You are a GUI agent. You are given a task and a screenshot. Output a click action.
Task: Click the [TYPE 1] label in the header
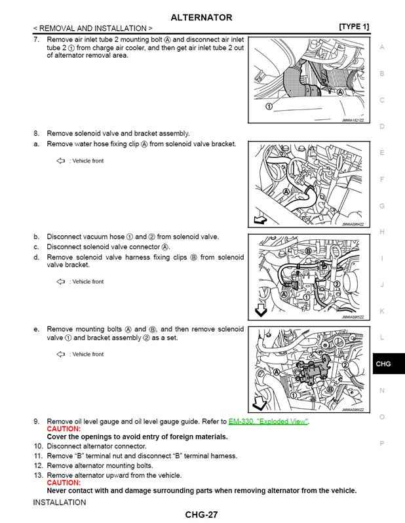pos(354,27)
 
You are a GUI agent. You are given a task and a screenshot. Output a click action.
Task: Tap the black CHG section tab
pos(383,364)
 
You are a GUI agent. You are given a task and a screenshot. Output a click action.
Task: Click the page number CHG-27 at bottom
pos(201,515)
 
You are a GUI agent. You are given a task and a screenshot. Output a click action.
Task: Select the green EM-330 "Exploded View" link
pos(269,421)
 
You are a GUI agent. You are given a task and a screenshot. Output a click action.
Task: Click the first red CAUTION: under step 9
pos(64,429)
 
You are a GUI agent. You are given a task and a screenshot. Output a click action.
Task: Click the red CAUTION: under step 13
pos(64,483)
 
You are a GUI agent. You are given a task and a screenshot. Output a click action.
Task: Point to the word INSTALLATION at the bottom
pos(60,503)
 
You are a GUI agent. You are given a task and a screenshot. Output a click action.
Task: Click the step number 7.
pos(36,40)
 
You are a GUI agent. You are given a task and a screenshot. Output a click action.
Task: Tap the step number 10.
pos(38,446)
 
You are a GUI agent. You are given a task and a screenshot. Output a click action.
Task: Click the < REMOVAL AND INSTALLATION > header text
pos(92,28)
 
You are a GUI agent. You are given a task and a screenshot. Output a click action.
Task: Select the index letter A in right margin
pos(382,47)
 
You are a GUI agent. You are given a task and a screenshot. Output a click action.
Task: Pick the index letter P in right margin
pos(382,444)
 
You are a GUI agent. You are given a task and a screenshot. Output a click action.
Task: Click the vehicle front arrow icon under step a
pos(61,161)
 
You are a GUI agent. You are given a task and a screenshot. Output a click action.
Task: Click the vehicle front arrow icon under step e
pos(61,354)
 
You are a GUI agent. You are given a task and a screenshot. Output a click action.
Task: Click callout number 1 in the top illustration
pos(268,106)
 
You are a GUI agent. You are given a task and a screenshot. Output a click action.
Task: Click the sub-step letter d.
pos(37,258)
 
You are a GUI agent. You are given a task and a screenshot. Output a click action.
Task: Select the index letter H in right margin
pos(382,232)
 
